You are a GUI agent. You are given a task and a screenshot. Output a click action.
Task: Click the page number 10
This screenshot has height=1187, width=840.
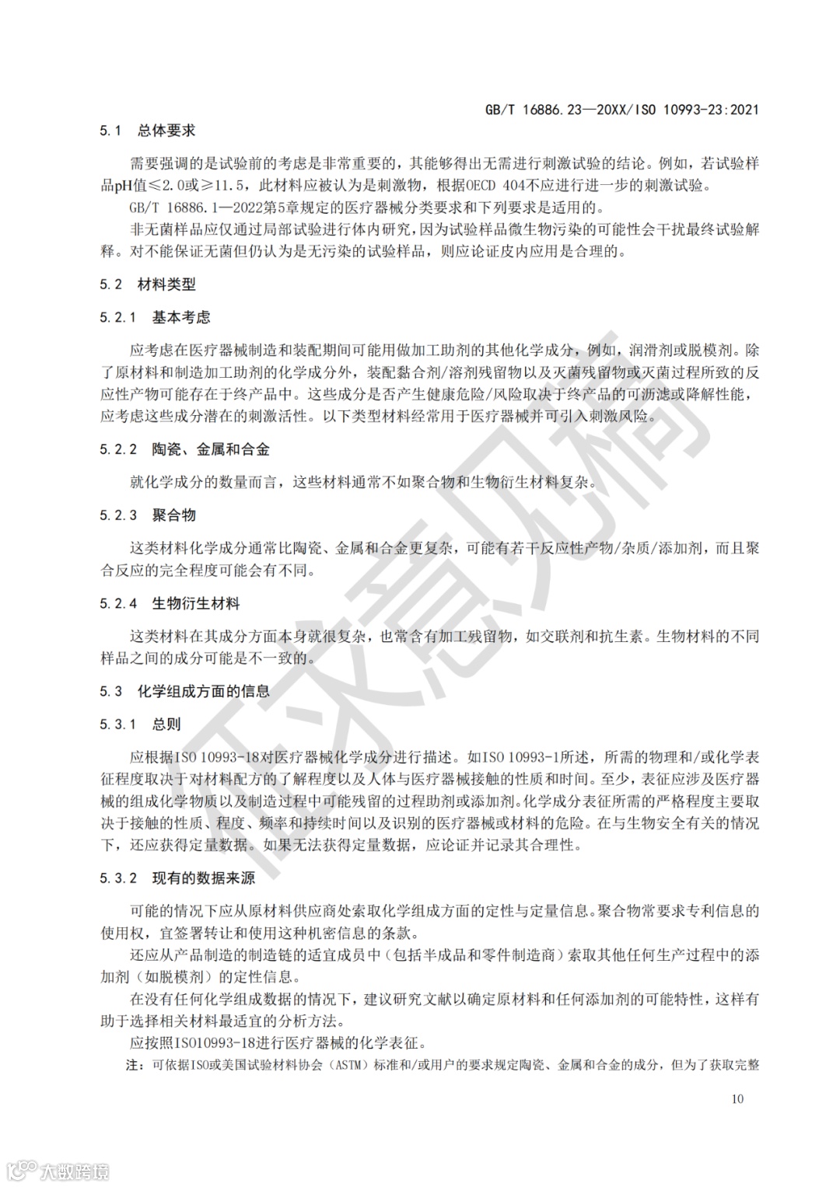[x=737, y=1098]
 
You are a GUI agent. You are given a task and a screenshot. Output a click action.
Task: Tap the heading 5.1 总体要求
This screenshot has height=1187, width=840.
[x=148, y=131]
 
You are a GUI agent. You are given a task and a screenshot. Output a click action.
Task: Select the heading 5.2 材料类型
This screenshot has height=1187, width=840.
[x=148, y=285]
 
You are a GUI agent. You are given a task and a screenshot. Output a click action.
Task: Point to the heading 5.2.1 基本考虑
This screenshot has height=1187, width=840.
[x=155, y=317]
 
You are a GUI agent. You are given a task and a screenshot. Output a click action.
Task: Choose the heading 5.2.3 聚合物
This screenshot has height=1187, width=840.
[x=148, y=515]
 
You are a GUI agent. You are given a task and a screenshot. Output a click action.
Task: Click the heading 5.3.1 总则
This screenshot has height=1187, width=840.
[x=140, y=724]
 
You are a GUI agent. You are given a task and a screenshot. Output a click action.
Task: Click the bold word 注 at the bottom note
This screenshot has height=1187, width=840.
[x=134, y=1065]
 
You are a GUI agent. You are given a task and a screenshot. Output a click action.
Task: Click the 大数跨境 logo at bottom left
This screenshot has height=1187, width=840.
[x=59, y=1171]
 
